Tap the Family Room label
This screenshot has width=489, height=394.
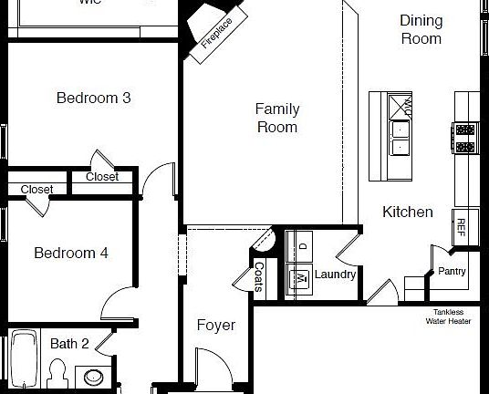click(x=277, y=119)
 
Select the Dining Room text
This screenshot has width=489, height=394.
click(x=421, y=29)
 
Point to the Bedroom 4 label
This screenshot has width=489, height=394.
click(x=71, y=253)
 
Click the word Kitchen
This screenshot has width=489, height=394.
click(x=407, y=212)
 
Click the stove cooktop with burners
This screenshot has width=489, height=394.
click(x=464, y=138)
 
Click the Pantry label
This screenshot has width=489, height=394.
click(x=452, y=271)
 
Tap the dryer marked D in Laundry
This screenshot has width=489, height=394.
click(x=299, y=246)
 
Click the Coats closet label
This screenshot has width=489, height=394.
click(x=259, y=277)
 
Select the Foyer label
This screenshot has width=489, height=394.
click(x=216, y=325)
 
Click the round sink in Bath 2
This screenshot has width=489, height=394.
click(x=93, y=376)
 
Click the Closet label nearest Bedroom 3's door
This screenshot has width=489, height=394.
click(x=101, y=177)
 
